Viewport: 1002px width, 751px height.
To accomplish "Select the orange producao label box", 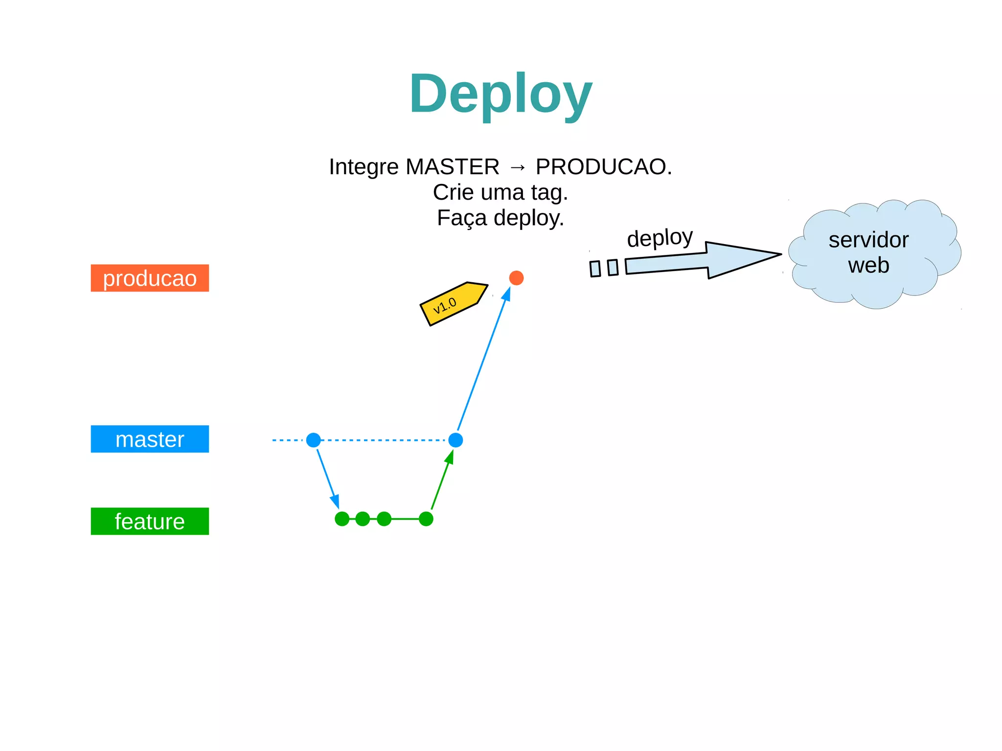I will [x=150, y=278].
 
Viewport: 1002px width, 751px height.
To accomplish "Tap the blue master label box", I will [x=150, y=439].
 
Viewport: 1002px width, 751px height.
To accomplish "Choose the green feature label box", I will [x=150, y=521].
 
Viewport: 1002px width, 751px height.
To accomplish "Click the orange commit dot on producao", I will [x=516, y=278].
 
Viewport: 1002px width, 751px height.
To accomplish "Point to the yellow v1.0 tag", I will [x=453, y=304].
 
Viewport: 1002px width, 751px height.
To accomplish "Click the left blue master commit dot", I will [x=314, y=440].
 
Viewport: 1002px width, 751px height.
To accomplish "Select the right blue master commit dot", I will [x=455, y=440].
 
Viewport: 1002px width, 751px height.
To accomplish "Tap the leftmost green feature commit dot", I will [x=342, y=519].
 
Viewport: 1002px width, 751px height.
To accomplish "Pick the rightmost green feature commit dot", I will [x=426, y=519].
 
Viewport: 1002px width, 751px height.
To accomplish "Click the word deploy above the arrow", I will [x=660, y=238].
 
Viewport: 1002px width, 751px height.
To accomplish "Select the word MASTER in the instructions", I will [x=453, y=167].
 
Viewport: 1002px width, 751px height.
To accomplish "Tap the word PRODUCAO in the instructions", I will [x=601, y=167].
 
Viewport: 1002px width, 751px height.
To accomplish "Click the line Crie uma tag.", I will [x=501, y=192].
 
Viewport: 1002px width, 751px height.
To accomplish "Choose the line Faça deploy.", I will [x=501, y=218].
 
